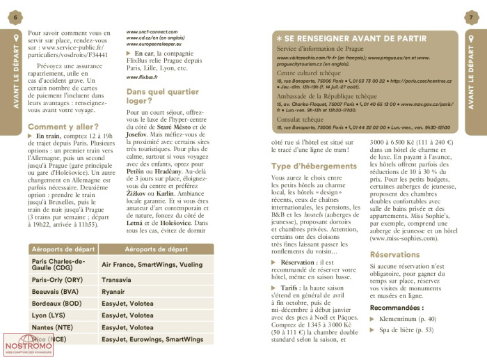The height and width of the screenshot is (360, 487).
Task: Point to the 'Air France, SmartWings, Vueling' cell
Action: pyautogui.click(x=152, y=265)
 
